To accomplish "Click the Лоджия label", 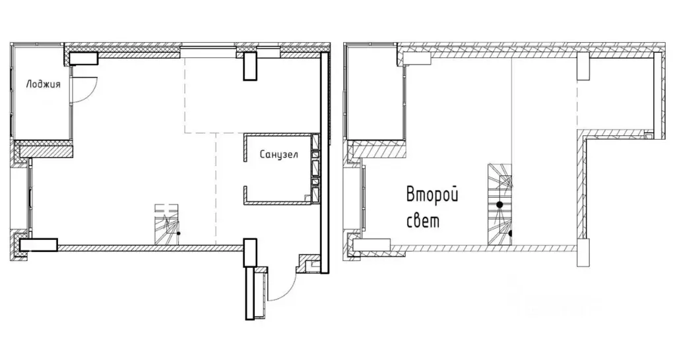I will click(44, 84).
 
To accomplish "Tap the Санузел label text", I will click(278, 156).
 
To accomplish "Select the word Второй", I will click(432, 195).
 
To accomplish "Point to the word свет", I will click(423, 221).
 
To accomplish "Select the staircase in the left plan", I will click(167, 224).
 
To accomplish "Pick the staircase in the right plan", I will click(499, 204).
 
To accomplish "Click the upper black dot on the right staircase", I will click(500, 204).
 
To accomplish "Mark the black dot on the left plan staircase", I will click(178, 233).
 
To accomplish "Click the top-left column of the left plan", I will click(84, 59).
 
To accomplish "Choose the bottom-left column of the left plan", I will click(39, 246).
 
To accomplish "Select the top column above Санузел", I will click(250, 66).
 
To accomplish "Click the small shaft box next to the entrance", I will click(307, 264).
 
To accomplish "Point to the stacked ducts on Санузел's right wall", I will click(315, 168).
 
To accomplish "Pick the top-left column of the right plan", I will click(416, 59).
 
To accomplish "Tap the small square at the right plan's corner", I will click(649, 136).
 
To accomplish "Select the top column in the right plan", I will click(583, 67).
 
